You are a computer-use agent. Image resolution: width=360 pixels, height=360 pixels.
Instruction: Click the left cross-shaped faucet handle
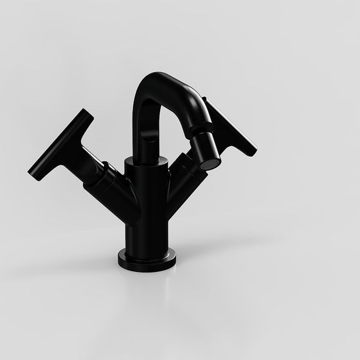click(61, 145)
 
